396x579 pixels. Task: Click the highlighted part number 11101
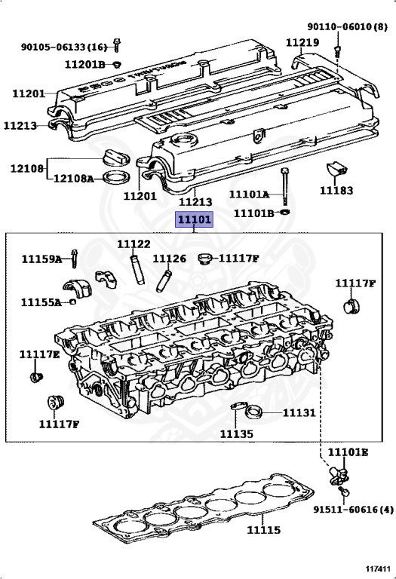tap(194, 219)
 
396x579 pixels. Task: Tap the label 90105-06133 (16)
tap(63, 47)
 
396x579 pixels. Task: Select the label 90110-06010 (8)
tap(347, 26)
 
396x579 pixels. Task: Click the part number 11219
tap(302, 42)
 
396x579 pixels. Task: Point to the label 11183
tap(336, 191)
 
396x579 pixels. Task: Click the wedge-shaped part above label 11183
tap(336, 169)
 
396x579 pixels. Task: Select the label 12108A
tap(73, 179)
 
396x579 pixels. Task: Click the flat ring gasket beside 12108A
tap(116, 178)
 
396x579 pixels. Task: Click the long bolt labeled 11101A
tap(284, 185)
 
